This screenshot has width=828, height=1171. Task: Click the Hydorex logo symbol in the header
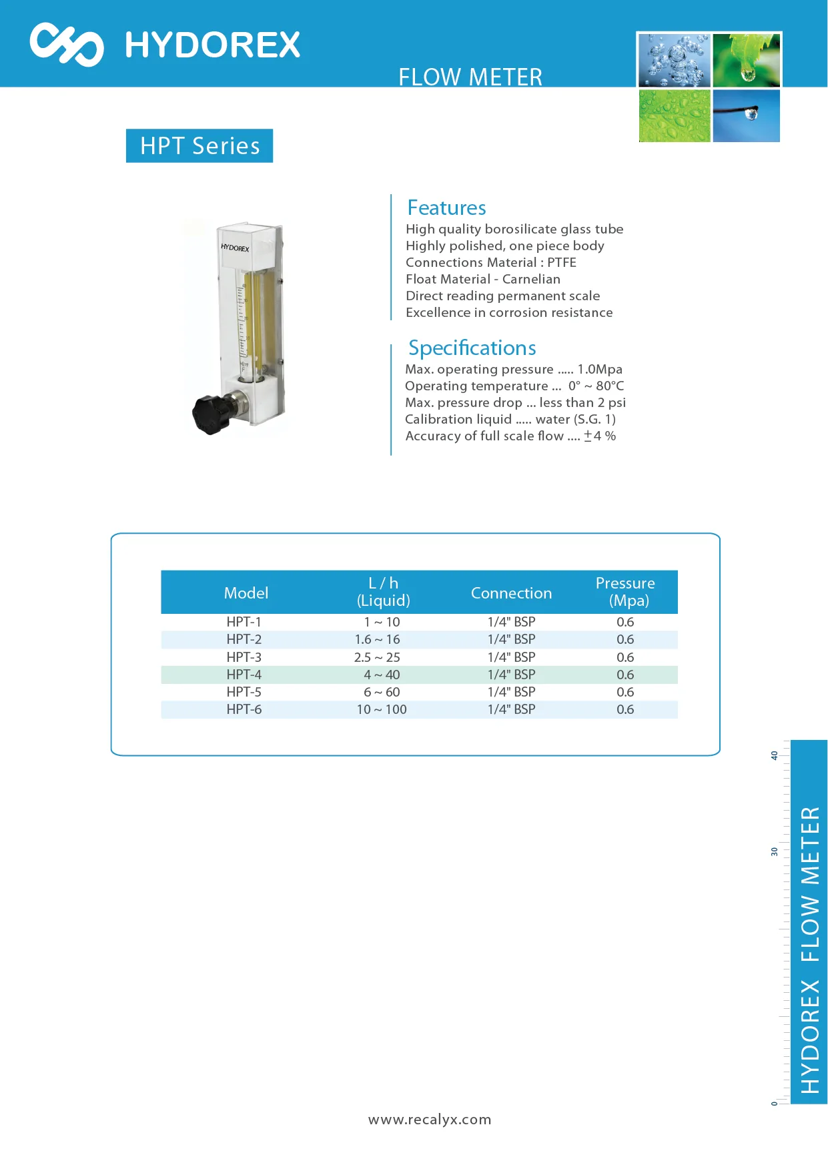click(66, 45)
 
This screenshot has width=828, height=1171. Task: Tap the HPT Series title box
click(199, 145)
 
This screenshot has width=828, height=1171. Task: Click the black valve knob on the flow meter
click(211, 413)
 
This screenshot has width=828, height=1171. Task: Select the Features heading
click(446, 208)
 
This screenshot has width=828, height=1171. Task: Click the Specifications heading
click(472, 348)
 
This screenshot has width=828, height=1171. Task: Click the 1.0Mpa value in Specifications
click(600, 369)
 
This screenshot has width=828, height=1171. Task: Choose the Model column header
click(246, 593)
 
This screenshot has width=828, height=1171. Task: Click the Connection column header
click(511, 593)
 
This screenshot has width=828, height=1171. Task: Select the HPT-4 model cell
click(244, 675)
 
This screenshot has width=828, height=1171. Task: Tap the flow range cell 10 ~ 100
click(382, 709)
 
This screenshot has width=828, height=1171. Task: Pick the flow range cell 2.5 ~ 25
click(377, 657)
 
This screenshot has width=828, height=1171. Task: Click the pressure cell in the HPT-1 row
click(625, 622)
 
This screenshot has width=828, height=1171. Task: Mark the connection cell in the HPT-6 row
click(511, 709)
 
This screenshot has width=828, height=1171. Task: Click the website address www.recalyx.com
click(430, 1120)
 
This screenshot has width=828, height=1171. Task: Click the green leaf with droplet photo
click(746, 60)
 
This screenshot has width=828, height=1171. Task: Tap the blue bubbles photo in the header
click(674, 61)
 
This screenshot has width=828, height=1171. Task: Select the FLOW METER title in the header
click(470, 77)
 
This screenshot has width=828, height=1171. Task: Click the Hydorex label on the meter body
click(235, 248)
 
